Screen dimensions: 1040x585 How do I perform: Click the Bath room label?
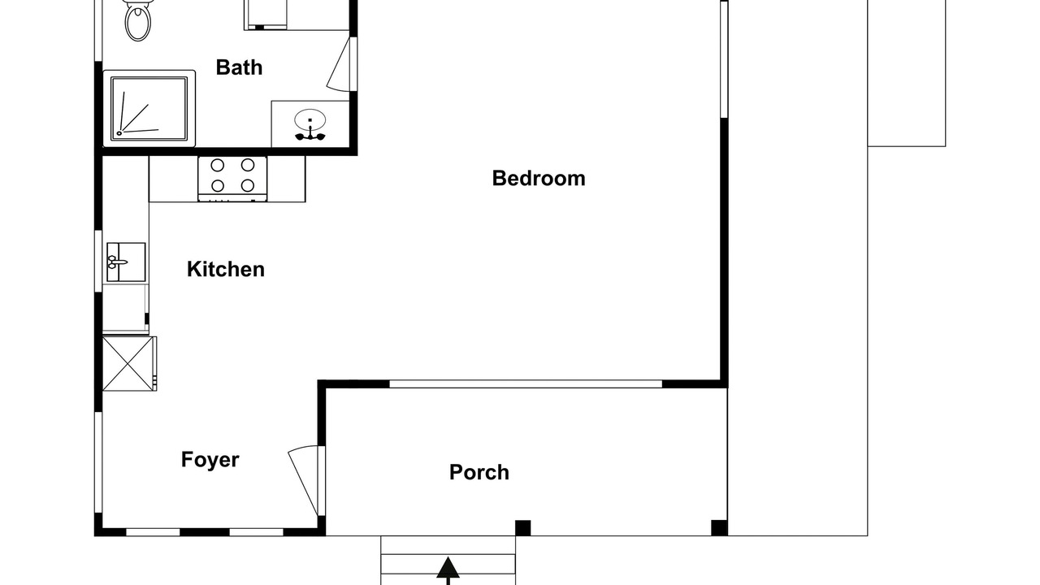pos(239,67)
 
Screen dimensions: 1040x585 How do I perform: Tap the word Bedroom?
pos(539,179)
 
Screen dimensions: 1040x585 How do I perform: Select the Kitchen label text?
pos(226,269)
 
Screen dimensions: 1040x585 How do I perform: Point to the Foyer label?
pos(210,460)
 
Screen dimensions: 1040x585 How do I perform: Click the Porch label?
pos(479,472)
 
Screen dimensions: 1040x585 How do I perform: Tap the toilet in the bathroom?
pos(138,19)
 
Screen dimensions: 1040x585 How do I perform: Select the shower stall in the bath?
pos(149,109)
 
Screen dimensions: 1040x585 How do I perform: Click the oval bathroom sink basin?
pos(310,119)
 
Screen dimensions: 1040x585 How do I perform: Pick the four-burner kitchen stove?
pos(232,179)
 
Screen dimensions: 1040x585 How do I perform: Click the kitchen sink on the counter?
pos(126,262)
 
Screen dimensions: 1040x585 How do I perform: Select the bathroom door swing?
pos(340,64)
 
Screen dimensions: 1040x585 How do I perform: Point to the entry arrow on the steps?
pos(448,571)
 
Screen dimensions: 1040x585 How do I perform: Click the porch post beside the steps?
pos(522,528)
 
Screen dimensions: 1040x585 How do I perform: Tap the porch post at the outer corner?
pos(719,528)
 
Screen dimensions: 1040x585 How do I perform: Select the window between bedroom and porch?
pos(526,384)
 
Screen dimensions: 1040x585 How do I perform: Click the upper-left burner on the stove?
pos(217,165)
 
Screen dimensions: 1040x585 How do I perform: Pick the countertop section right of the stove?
pos(287,179)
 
